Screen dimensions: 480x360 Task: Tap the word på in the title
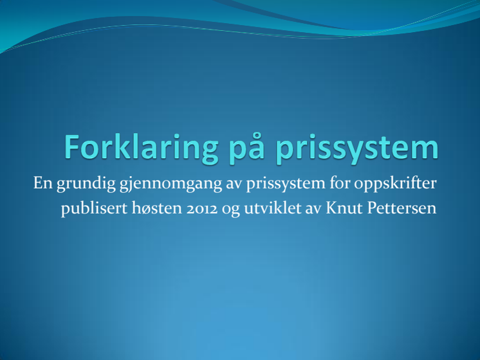tap(246, 148)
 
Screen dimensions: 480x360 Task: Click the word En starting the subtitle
tap(43, 183)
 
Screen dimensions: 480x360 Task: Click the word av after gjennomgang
tap(234, 184)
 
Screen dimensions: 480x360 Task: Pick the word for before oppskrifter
tap(340, 183)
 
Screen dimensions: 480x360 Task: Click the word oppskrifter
tap(395, 184)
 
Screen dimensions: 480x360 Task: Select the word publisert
tap(95, 209)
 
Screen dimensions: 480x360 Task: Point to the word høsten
tap(157, 208)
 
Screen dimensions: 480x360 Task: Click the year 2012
tap(202, 209)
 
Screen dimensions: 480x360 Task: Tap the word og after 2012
tap(231, 210)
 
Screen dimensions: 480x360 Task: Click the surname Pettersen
tap(402, 208)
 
